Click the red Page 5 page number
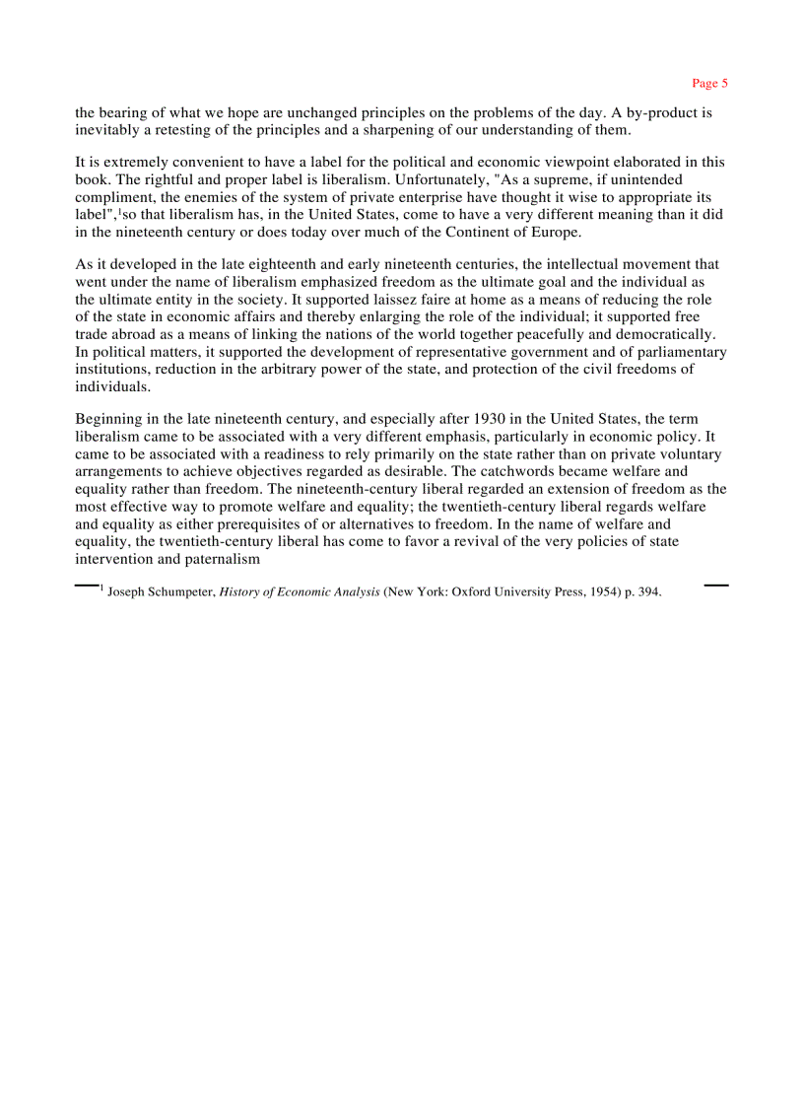coord(709,83)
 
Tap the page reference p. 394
coord(642,592)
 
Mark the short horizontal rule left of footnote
coord(87,586)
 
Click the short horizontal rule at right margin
coord(716,586)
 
